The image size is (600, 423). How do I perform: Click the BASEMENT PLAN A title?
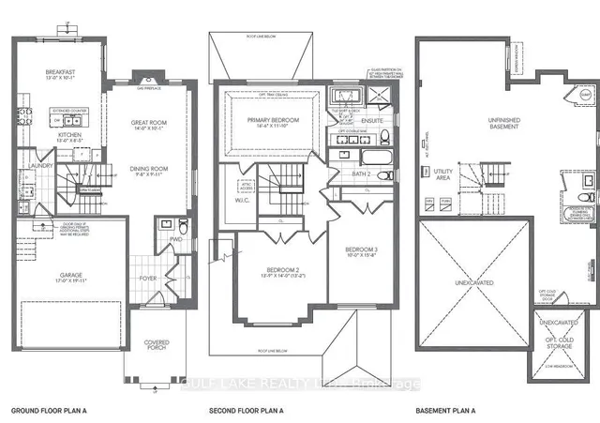coord(446,411)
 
